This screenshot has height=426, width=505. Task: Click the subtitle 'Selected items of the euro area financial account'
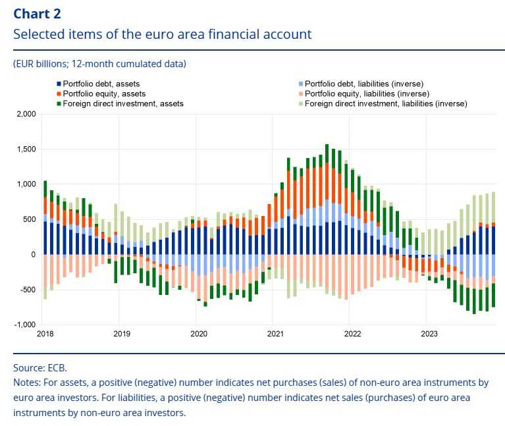(162, 34)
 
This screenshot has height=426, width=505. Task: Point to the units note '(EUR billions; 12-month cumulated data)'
(99, 64)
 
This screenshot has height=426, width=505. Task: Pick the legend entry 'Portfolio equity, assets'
(104, 93)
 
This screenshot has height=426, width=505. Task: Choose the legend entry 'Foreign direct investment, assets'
(123, 103)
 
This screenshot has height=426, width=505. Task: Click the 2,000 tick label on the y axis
(24, 114)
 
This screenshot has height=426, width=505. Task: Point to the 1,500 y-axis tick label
(24, 149)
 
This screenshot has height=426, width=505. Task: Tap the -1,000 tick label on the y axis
(24, 325)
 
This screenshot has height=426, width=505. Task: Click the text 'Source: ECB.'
(40, 367)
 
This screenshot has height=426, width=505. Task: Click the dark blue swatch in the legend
(59, 84)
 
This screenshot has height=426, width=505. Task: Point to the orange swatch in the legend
(59, 93)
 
